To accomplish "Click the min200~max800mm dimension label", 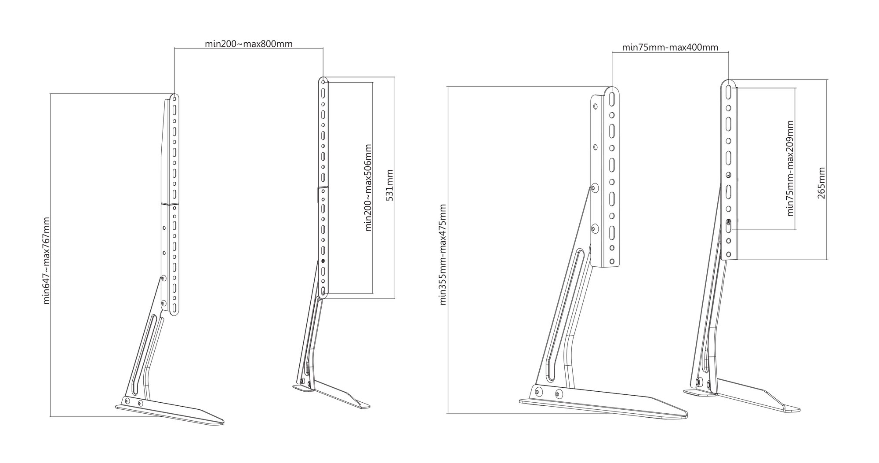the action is [x=249, y=44].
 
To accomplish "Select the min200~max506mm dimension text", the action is [x=368, y=187].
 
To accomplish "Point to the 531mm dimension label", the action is [x=389, y=185].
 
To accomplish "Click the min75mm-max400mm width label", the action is [x=670, y=47].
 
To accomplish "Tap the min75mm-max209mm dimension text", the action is [x=791, y=168].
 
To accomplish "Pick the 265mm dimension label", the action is [x=821, y=183].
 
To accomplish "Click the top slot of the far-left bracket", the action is [x=174, y=108].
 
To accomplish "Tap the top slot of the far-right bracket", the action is [x=728, y=92].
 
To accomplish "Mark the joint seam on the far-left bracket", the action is [x=169, y=204].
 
